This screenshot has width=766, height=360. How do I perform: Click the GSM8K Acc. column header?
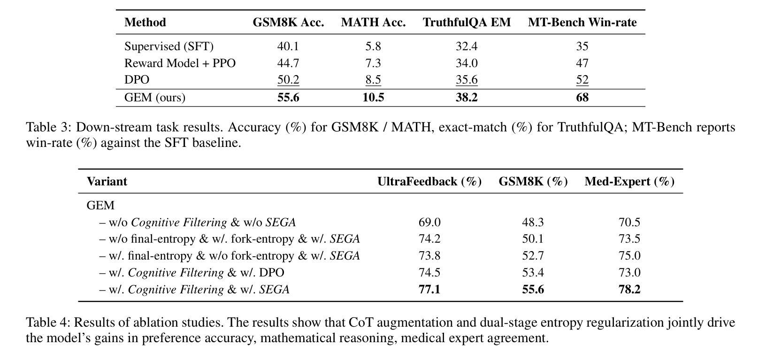tap(288, 23)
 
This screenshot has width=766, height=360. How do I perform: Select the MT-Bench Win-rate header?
tap(582, 23)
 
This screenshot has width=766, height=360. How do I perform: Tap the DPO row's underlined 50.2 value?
tap(288, 80)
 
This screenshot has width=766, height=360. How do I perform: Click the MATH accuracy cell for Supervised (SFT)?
tap(373, 46)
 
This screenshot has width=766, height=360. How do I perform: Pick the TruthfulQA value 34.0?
tap(467, 63)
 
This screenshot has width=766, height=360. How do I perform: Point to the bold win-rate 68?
tap(582, 97)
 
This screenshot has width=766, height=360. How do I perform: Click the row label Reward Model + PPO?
tap(180, 63)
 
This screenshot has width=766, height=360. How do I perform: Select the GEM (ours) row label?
tap(155, 97)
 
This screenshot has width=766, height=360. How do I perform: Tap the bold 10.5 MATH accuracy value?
tap(373, 97)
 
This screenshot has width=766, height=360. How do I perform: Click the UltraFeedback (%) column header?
tap(429, 182)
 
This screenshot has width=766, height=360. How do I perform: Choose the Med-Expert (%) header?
tap(629, 182)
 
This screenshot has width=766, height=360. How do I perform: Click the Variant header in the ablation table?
tap(107, 182)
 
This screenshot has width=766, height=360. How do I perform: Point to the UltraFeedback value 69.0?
tap(429, 222)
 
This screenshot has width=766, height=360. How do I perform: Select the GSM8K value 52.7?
tap(533, 256)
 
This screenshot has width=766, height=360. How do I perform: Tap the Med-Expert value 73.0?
tap(629, 273)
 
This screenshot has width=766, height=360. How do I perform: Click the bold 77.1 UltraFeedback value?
tap(429, 290)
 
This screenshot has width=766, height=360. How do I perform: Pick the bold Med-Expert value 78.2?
tap(629, 290)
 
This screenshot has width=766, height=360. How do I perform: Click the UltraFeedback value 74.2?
tap(429, 239)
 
